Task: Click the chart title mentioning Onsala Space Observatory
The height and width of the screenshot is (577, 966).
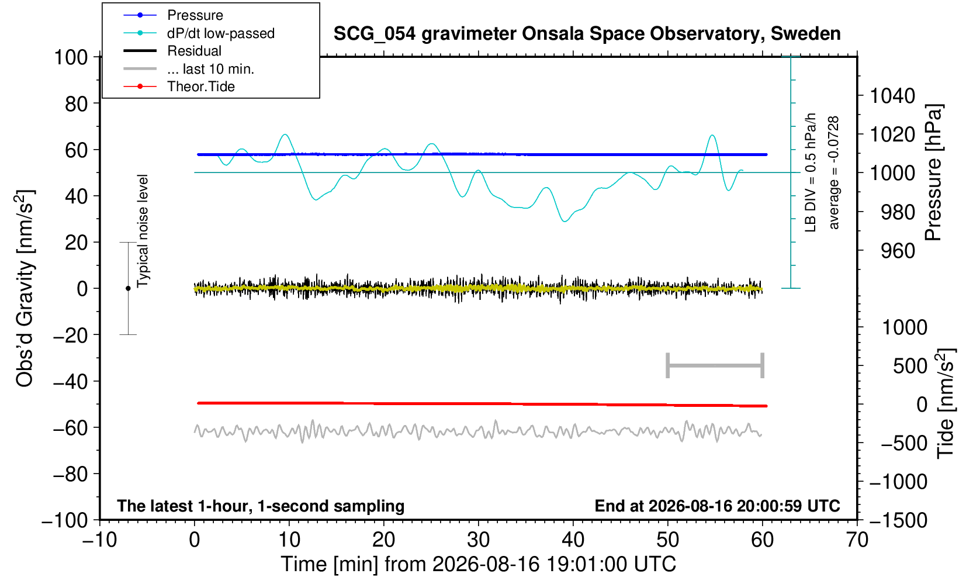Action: coord(587,34)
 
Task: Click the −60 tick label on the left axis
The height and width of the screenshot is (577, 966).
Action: coord(70,428)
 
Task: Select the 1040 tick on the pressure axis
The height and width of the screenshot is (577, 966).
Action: coord(892,95)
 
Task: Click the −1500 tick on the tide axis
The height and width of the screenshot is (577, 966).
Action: coord(898,520)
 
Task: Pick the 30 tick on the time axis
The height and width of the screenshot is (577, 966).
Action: coord(478,540)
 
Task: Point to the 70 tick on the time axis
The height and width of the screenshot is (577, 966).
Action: coord(857,540)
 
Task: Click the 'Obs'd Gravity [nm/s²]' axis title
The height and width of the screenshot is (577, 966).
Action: coord(24,288)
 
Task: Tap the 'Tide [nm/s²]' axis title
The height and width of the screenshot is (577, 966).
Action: coord(946,403)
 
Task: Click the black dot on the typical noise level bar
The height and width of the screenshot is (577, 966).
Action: coord(128,288)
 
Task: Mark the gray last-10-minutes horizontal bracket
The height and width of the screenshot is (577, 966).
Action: coord(715,365)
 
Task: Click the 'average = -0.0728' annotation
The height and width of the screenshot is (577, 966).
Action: coord(833,172)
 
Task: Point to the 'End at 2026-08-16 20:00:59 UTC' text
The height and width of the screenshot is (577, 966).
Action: coord(717,506)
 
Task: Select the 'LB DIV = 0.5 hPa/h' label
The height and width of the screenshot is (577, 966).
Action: coord(811,172)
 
